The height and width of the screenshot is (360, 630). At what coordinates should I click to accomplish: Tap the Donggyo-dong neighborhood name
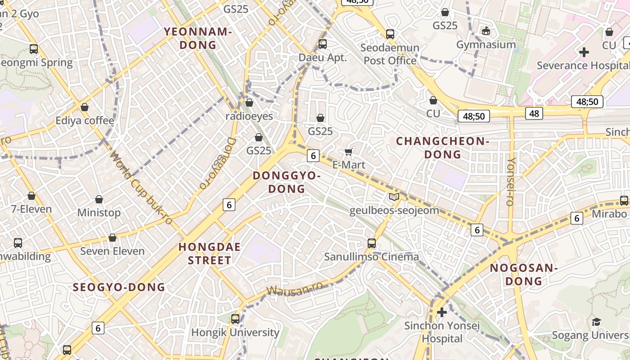coord(287,182)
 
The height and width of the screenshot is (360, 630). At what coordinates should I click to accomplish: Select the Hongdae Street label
coord(209,253)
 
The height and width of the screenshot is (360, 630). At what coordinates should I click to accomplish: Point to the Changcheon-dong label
coord(443,148)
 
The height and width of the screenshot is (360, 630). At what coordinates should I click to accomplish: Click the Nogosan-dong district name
coord(523,274)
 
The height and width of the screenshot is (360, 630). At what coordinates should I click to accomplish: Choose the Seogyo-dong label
coord(119,287)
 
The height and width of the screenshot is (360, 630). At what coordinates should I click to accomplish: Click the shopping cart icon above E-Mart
coord(348,152)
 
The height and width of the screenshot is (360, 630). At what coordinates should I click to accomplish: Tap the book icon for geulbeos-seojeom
coord(394,197)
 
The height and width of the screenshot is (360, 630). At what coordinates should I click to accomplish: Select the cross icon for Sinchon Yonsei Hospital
coord(442,312)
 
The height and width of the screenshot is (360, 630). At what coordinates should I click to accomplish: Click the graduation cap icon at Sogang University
coord(596,322)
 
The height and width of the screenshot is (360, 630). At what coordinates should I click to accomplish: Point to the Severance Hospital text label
coord(583,66)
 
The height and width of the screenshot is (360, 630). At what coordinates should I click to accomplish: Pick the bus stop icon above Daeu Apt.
coord(322,44)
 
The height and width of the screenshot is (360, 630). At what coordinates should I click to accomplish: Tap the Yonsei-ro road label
coord(510,181)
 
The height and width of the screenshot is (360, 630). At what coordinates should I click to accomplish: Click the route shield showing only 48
coord(534,113)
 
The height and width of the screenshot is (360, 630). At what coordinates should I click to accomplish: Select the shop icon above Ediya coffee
coord(84,107)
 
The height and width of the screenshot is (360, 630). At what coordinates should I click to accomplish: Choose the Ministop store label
coord(99,212)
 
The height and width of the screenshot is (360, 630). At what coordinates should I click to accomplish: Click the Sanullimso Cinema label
coord(371,257)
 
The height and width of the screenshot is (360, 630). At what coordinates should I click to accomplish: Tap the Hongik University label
coord(235,333)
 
